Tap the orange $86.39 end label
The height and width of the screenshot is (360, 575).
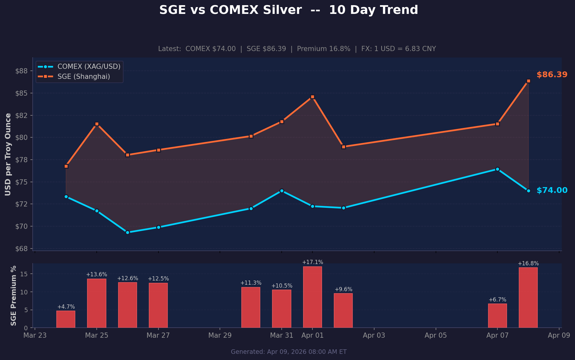click(552, 75)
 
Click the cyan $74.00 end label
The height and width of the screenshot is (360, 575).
click(552, 190)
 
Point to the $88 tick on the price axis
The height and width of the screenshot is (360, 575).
click(22, 71)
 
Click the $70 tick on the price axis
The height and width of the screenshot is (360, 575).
click(22, 226)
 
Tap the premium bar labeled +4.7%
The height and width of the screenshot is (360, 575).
click(66, 319)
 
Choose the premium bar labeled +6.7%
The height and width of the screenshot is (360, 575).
click(497, 316)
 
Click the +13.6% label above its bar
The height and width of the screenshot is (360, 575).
click(96, 275)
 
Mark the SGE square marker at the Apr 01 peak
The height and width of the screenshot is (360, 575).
click(312, 97)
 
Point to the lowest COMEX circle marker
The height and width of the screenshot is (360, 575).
click(127, 232)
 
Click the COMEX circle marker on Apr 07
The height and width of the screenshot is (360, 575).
click(497, 169)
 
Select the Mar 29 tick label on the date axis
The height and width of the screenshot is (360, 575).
click(220, 335)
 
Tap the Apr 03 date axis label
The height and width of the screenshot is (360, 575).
click(374, 335)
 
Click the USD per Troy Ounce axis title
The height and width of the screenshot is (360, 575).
click(8, 154)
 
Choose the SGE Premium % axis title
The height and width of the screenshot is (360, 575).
click(13, 295)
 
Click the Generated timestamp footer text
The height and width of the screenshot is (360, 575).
click(288, 352)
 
